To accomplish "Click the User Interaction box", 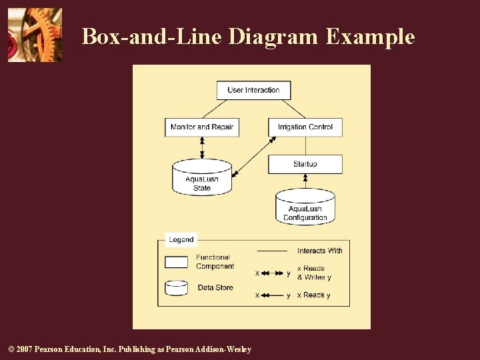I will (253, 90).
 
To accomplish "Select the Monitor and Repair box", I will (202, 127).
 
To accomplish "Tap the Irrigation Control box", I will (305, 127).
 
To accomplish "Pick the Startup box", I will (305, 164).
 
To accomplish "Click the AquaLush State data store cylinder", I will (202, 179).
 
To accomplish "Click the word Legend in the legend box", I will (181, 239).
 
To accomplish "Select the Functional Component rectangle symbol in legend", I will (177, 262).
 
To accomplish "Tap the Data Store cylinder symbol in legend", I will (177, 288).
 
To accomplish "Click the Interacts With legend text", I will (320, 251).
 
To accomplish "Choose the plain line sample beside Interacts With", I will (272, 251).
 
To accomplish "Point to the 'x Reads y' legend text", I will (313, 295).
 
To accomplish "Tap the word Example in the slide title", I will (370, 37).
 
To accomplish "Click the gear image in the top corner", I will (35, 35).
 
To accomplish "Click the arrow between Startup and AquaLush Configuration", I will (305, 181).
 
